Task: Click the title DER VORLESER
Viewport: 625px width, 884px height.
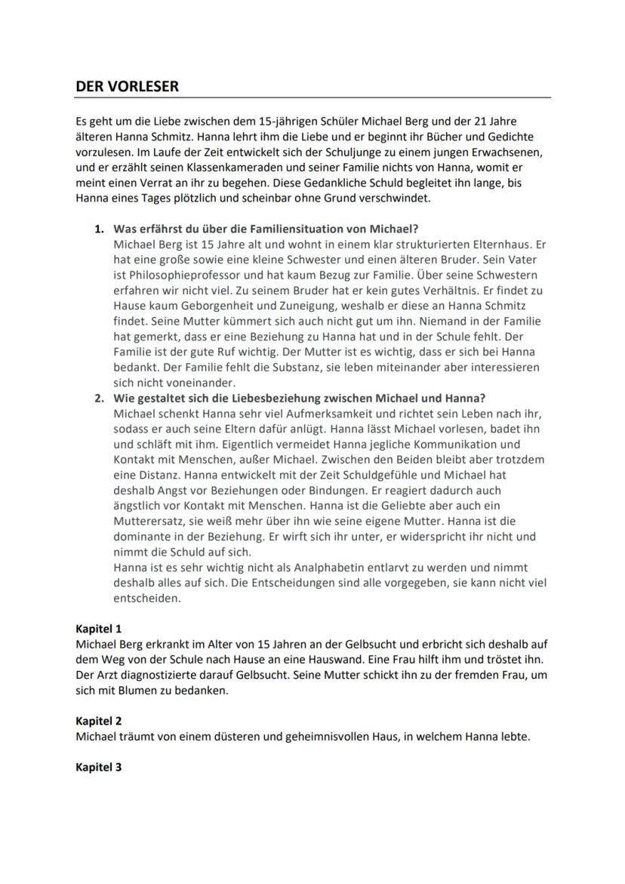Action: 128,87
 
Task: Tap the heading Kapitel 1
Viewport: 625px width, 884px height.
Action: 99,628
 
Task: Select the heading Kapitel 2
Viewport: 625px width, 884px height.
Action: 99,721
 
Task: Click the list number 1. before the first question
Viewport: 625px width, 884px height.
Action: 100,229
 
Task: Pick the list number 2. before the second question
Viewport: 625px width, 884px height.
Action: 100,398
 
